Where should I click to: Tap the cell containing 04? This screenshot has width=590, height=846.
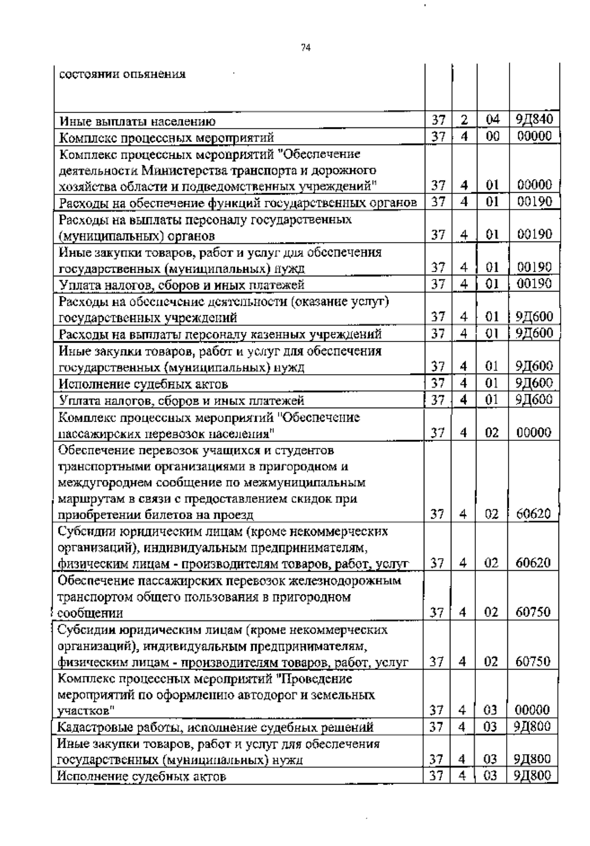[492, 119]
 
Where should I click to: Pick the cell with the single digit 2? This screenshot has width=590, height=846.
[464, 119]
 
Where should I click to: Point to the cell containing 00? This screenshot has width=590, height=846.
[492, 137]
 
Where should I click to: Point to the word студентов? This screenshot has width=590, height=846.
[303, 450]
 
